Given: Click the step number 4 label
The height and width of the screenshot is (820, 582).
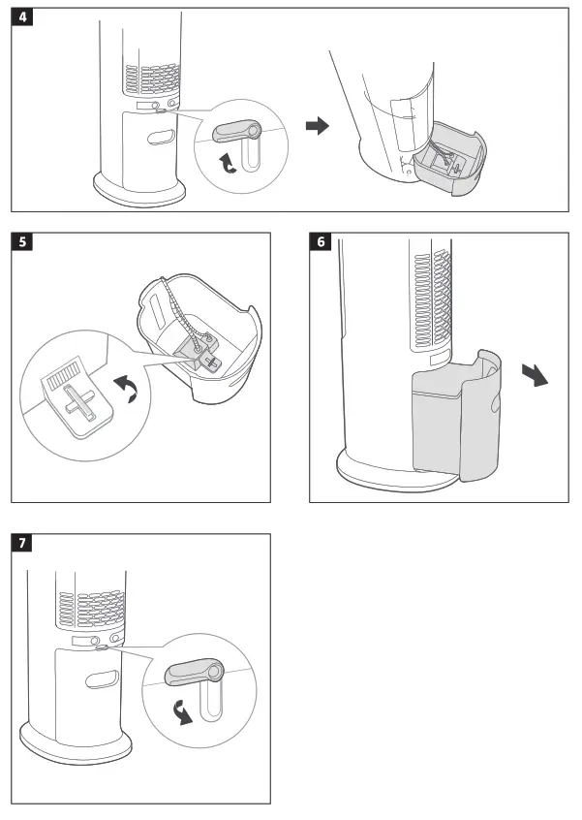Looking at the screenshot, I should pyautogui.click(x=22, y=17).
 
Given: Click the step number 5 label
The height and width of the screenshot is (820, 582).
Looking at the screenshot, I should pyautogui.click(x=22, y=242).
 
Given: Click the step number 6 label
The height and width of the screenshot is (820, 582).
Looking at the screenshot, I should pyautogui.click(x=321, y=242).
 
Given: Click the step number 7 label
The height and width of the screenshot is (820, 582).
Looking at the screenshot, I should pyautogui.click(x=22, y=543).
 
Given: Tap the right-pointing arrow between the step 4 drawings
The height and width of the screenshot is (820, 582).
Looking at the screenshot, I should pyautogui.click(x=317, y=127).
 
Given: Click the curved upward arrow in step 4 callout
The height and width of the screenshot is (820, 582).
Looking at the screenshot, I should pyautogui.click(x=229, y=163).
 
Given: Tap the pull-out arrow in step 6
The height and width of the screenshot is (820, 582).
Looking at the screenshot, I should pyautogui.click(x=534, y=375).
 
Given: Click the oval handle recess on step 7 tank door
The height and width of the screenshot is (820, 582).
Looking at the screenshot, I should pyautogui.click(x=101, y=679).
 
